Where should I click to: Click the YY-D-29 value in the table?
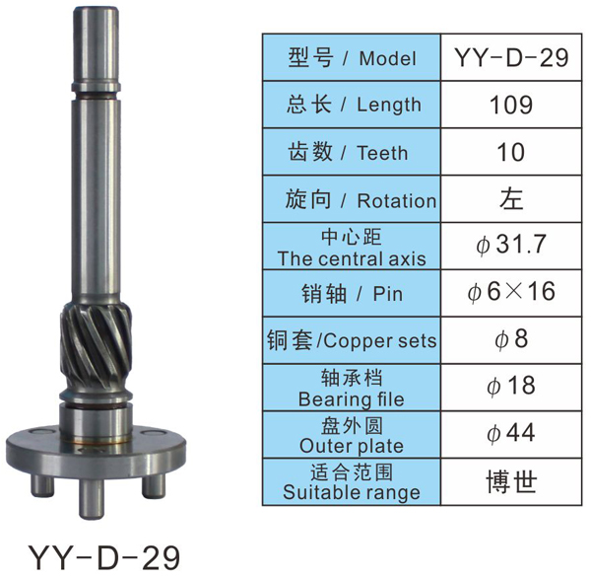511,58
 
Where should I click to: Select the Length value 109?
511,105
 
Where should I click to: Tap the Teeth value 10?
511,152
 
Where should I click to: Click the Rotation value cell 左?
511,199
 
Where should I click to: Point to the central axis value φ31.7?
511,245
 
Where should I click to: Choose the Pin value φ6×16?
511,291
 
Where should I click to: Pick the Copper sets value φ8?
511,338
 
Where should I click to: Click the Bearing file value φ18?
511,386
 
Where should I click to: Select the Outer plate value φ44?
511,433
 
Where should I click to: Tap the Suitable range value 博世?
511,482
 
